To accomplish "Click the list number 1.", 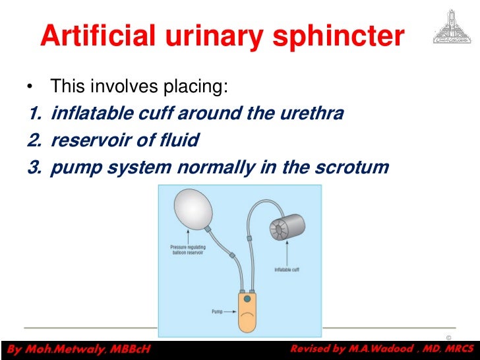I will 34,114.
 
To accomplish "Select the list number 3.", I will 34,167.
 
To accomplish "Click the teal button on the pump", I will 247,299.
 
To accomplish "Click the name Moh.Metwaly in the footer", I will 56,349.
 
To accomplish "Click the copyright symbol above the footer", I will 448,338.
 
